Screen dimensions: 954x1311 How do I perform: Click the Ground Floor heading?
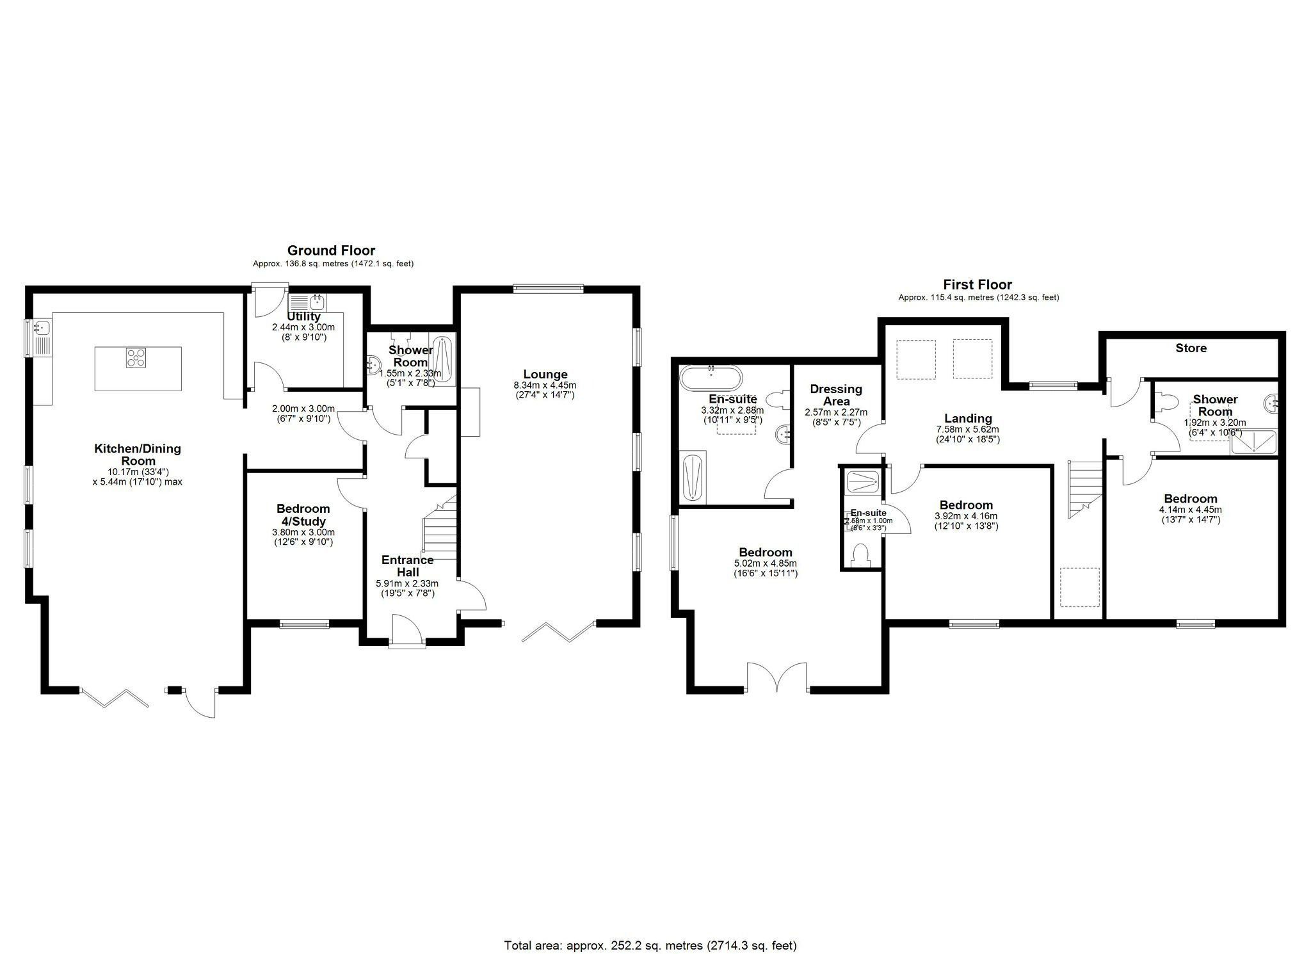(331, 250)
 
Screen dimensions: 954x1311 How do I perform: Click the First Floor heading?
(977, 284)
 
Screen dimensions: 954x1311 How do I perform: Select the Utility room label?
(303, 316)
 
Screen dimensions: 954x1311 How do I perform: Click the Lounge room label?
(545, 375)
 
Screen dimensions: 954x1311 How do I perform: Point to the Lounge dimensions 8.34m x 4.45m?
(545, 385)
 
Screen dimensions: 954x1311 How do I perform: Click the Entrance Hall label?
(408, 566)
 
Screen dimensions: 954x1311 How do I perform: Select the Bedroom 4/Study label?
(303, 515)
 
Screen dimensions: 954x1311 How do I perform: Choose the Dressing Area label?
(836, 395)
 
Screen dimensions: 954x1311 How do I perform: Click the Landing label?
(968, 419)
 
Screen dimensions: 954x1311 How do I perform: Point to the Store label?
(1191, 348)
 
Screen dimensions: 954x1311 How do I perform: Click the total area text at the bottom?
(650, 927)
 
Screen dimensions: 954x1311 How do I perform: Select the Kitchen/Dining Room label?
(138, 455)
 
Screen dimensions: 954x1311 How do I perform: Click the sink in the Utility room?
(316, 301)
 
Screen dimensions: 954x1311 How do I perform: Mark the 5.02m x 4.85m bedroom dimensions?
(766, 563)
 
